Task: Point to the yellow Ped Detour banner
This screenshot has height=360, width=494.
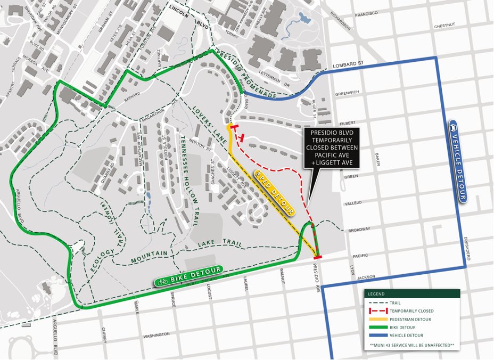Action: tap(274, 193)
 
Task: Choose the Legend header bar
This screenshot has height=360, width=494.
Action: tap(413, 294)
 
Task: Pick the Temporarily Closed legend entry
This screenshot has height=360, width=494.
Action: tap(411, 310)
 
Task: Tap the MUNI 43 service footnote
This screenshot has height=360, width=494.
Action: tap(413, 346)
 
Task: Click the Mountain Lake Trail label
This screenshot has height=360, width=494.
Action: tap(187, 250)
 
